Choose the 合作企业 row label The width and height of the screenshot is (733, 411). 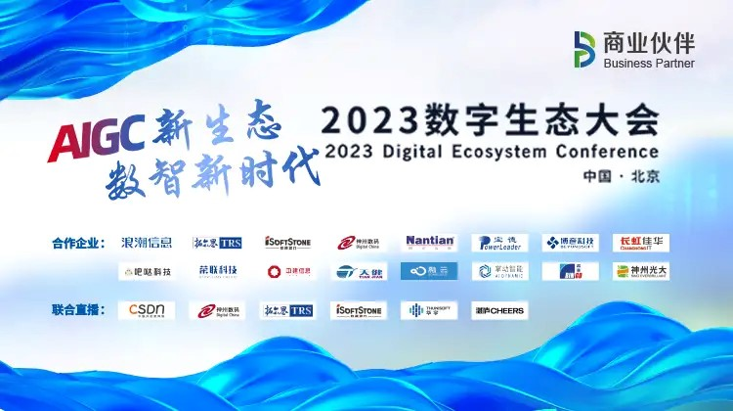(x=77, y=242)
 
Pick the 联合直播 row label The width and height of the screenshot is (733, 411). (x=77, y=310)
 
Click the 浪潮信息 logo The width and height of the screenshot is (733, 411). (x=146, y=242)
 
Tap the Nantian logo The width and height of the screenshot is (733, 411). (x=430, y=242)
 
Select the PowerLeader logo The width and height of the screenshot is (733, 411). (x=499, y=242)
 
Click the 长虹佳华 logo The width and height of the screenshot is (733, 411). (x=641, y=242)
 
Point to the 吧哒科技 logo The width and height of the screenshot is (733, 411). (x=146, y=271)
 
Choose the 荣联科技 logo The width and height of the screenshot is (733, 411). (x=217, y=271)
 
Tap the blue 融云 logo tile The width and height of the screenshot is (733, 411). (x=429, y=271)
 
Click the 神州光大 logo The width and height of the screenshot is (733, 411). (x=641, y=271)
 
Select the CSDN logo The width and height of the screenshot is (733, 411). (x=146, y=310)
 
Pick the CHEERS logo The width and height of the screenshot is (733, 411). (x=499, y=310)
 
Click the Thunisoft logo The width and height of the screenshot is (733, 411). (x=429, y=310)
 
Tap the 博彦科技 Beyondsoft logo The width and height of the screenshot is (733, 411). (x=571, y=242)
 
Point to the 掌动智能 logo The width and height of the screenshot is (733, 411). (x=499, y=271)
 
